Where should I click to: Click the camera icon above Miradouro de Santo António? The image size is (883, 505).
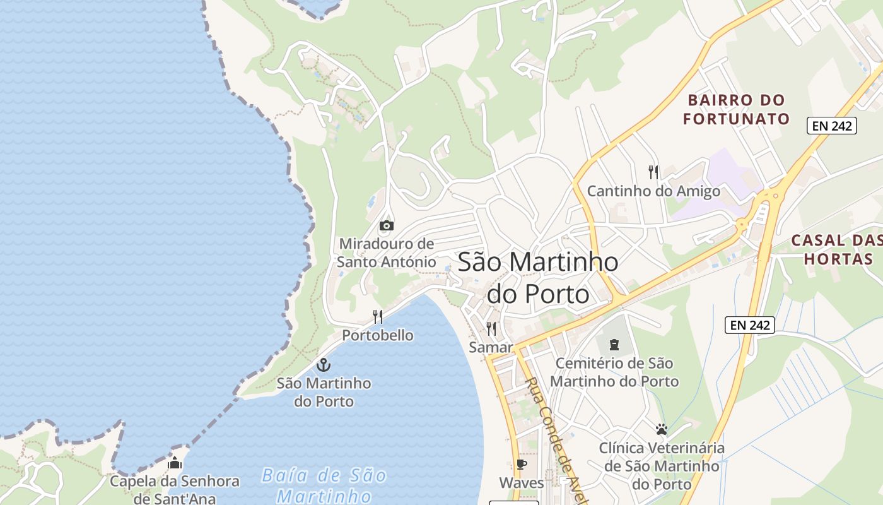pyautogui.click(x=386, y=225)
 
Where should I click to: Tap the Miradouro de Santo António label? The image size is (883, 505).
pyautogui.click(x=386, y=252)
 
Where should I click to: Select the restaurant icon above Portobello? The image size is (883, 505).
pyautogui.click(x=378, y=316)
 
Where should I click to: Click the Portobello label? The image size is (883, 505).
pyautogui.click(x=378, y=335)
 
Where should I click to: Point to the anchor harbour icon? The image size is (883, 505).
pyautogui.click(x=323, y=365)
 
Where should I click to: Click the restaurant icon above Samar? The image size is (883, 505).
pyautogui.click(x=491, y=328)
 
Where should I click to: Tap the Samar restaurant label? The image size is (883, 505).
pyautogui.click(x=491, y=347)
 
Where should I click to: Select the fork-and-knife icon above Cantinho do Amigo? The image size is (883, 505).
pyautogui.click(x=653, y=171)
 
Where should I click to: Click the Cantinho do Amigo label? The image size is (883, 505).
pyautogui.click(x=653, y=191)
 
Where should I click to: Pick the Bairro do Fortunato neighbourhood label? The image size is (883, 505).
pyautogui.click(x=737, y=109)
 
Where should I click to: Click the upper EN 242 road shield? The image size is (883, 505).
pyautogui.click(x=832, y=126)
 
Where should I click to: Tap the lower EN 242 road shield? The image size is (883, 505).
pyautogui.click(x=750, y=325)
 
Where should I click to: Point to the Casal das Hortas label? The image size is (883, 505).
pyautogui.click(x=836, y=249)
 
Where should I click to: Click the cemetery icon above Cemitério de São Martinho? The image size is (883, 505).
pyautogui.click(x=614, y=345)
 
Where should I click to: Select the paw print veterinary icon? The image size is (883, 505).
pyautogui.click(x=661, y=429)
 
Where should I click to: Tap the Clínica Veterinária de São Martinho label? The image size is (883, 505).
pyautogui.click(x=662, y=466)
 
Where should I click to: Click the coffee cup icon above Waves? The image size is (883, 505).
pyautogui.click(x=521, y=464)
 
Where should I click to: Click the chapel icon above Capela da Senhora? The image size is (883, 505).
pyautogui.click(x=175, y=463)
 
